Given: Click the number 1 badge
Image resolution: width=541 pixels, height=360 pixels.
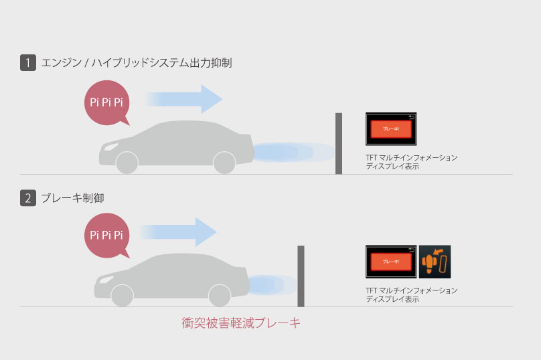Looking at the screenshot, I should point(27,64).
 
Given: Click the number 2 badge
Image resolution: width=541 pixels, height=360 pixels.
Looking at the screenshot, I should point(27,198).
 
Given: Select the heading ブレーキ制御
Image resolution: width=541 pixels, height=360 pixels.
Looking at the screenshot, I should point(72,198).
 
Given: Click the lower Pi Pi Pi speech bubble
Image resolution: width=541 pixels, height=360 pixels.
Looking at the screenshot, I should point(106,235).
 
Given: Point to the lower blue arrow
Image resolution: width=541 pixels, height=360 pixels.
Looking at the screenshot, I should point(179,232).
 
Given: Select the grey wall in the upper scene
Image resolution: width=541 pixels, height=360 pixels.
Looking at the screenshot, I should point(339,143).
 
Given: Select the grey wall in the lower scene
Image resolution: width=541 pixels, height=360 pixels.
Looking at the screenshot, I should point(301,276).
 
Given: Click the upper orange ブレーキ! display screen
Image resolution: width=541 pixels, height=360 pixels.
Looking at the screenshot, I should point(391,129).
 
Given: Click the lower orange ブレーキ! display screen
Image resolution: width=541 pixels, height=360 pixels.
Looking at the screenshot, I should point(391,262).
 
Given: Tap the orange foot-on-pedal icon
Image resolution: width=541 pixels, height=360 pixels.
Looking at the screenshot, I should point(435,262).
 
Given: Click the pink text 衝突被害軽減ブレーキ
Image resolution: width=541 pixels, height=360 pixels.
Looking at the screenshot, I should point(241,323).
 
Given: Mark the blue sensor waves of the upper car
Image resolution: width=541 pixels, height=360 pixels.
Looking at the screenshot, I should point(291,152).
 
